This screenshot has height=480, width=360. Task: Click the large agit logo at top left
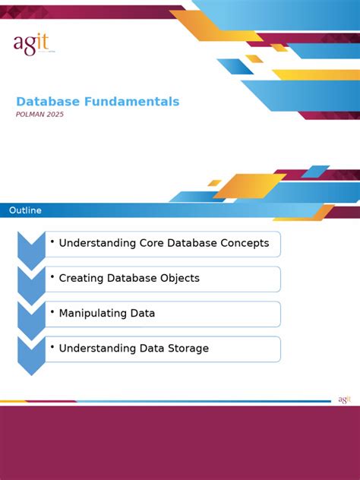click(x=30, y=45)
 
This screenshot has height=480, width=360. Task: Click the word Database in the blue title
click(x=47, y=102)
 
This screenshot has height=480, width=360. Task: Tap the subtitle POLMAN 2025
click(x=40, y=115)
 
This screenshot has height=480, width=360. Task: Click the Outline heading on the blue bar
click(x=25, y=210)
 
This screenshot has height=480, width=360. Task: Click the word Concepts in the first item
click(x=243, y=244)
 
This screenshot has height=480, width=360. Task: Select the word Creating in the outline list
click(x=81, y=279)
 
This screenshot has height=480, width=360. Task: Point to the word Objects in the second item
click(x=179, y=279)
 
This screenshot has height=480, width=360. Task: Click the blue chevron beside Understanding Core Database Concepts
click(x=31, y=248)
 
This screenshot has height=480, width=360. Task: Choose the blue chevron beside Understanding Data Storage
click(x=31, y=354)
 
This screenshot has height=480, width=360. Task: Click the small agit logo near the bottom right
click(x=344, y=399)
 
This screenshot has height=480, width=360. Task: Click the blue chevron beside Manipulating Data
click(x=31, y=318)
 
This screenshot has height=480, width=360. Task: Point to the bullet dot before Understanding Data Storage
click(x=52, y=347)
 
